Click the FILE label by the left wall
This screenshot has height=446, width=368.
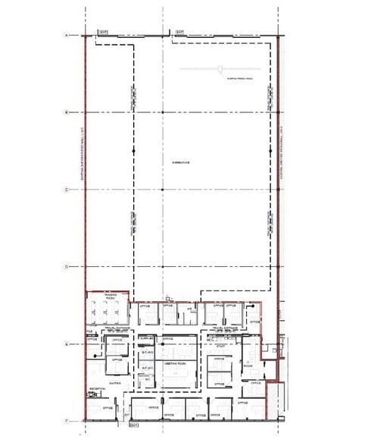coord(89,331)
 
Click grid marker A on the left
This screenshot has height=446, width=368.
coord(67,36)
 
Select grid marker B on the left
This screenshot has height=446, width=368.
coord(67,112)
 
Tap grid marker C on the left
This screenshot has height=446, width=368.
coord(67,190)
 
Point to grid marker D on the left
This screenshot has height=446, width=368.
coord(67,267)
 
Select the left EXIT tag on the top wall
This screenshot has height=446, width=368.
coord(102,33)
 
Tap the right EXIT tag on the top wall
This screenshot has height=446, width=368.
coord(180,32)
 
